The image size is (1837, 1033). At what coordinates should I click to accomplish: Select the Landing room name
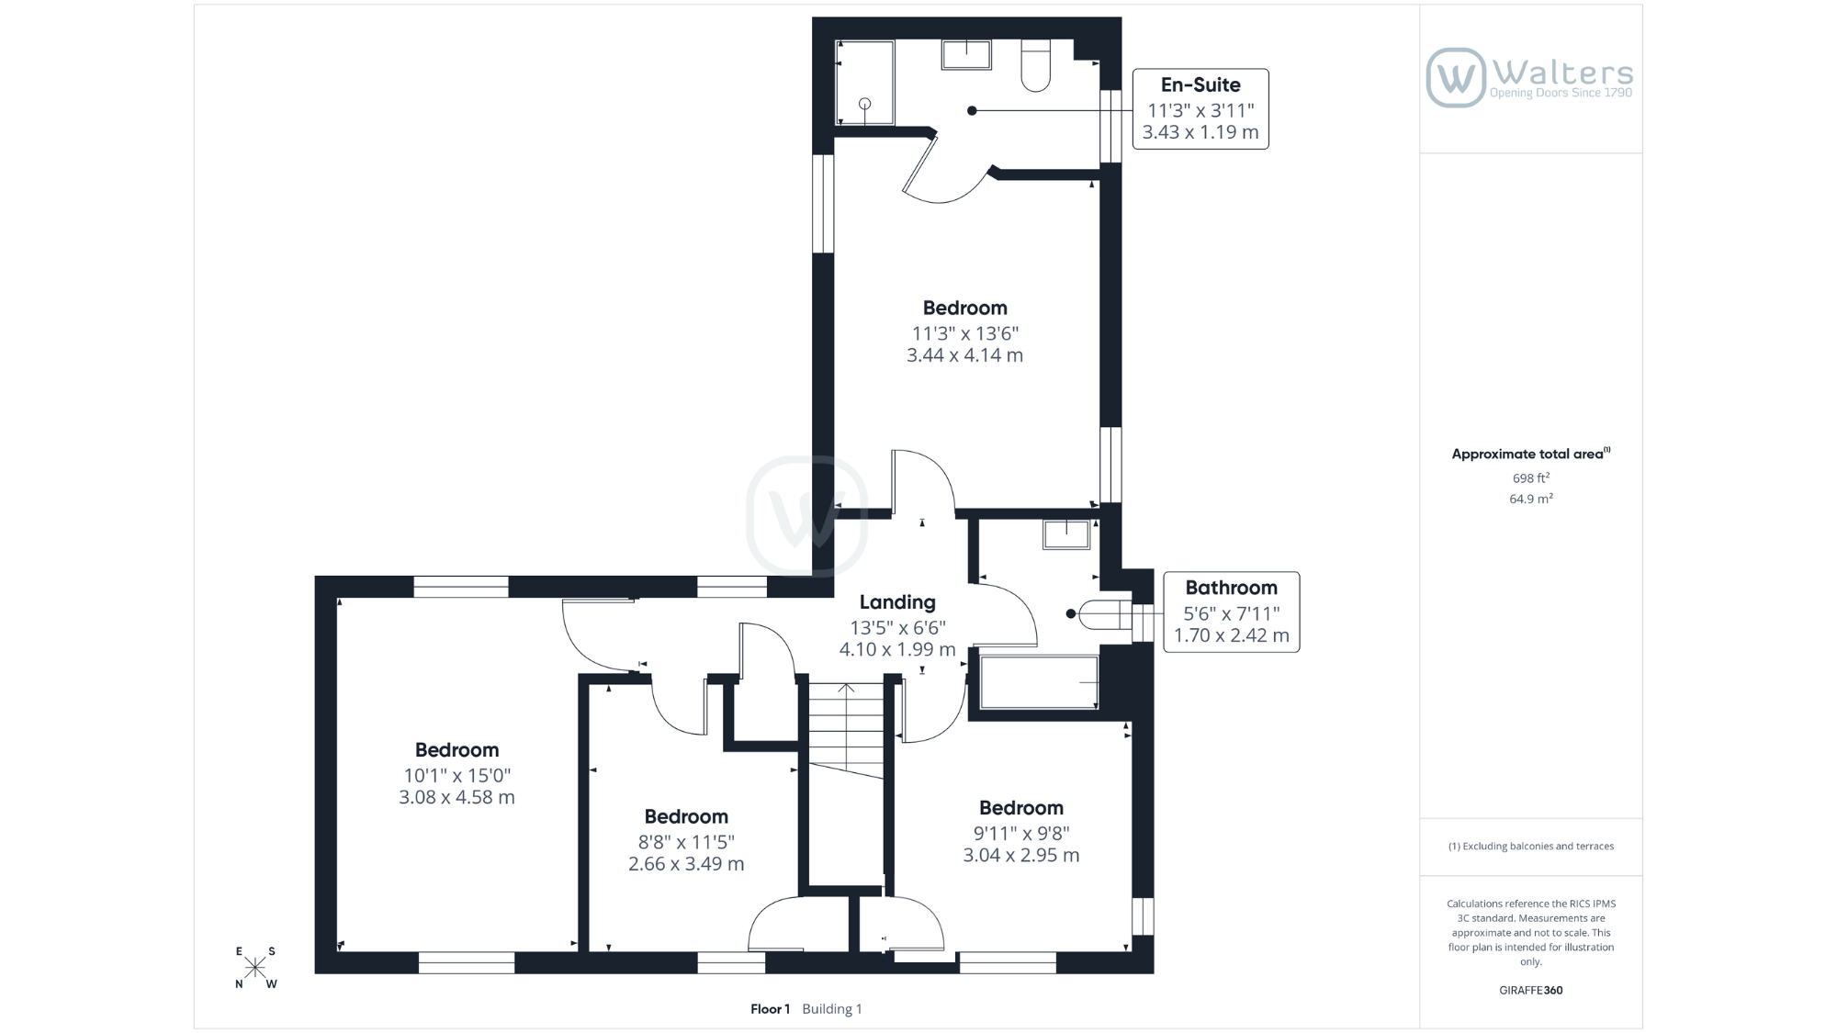(897, 602)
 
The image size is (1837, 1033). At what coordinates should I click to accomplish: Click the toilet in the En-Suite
(1036, 65)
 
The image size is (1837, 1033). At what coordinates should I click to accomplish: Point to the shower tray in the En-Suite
(864, 83)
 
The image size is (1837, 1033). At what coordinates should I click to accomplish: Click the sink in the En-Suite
(966, 54)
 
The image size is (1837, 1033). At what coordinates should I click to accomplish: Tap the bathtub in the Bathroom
(1039, 682)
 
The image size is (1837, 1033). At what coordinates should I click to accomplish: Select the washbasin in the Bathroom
(1066, 535)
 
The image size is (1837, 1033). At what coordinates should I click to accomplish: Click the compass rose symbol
(255, 968)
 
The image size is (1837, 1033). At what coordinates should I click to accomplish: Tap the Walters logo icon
(1455, 78)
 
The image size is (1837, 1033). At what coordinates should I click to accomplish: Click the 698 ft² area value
(1531, 477)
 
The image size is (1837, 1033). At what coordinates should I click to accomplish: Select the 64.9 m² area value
(1531, 499)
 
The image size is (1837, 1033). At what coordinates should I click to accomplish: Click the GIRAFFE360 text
(1531, 990)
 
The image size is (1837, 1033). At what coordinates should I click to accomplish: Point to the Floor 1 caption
(770, 1009)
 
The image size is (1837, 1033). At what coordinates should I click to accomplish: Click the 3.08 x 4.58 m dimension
(456, 797)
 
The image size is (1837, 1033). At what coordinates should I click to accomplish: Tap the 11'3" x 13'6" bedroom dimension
(965, 333)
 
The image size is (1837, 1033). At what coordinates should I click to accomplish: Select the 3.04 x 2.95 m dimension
(1021, 855)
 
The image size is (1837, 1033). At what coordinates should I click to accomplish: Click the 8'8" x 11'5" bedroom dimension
(686, 842)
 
